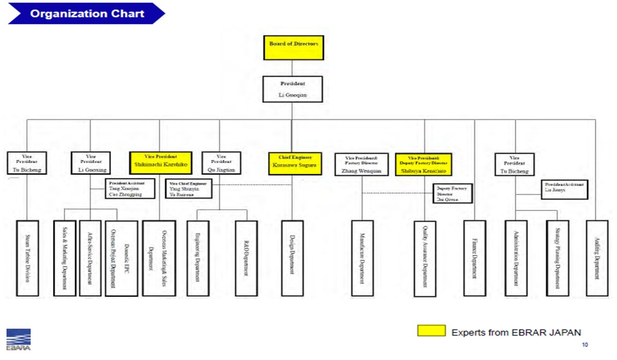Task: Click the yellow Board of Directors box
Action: click(293, 47)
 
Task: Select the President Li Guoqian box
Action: click(293, 89)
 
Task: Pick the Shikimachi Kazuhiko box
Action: click(160, 164)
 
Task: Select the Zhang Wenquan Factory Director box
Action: click(361, 165)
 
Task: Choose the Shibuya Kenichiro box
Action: click(424, 165)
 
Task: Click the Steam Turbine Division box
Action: click(28, 258)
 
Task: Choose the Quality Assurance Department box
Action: click(425, 258)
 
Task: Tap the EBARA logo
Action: click(19, 339)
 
